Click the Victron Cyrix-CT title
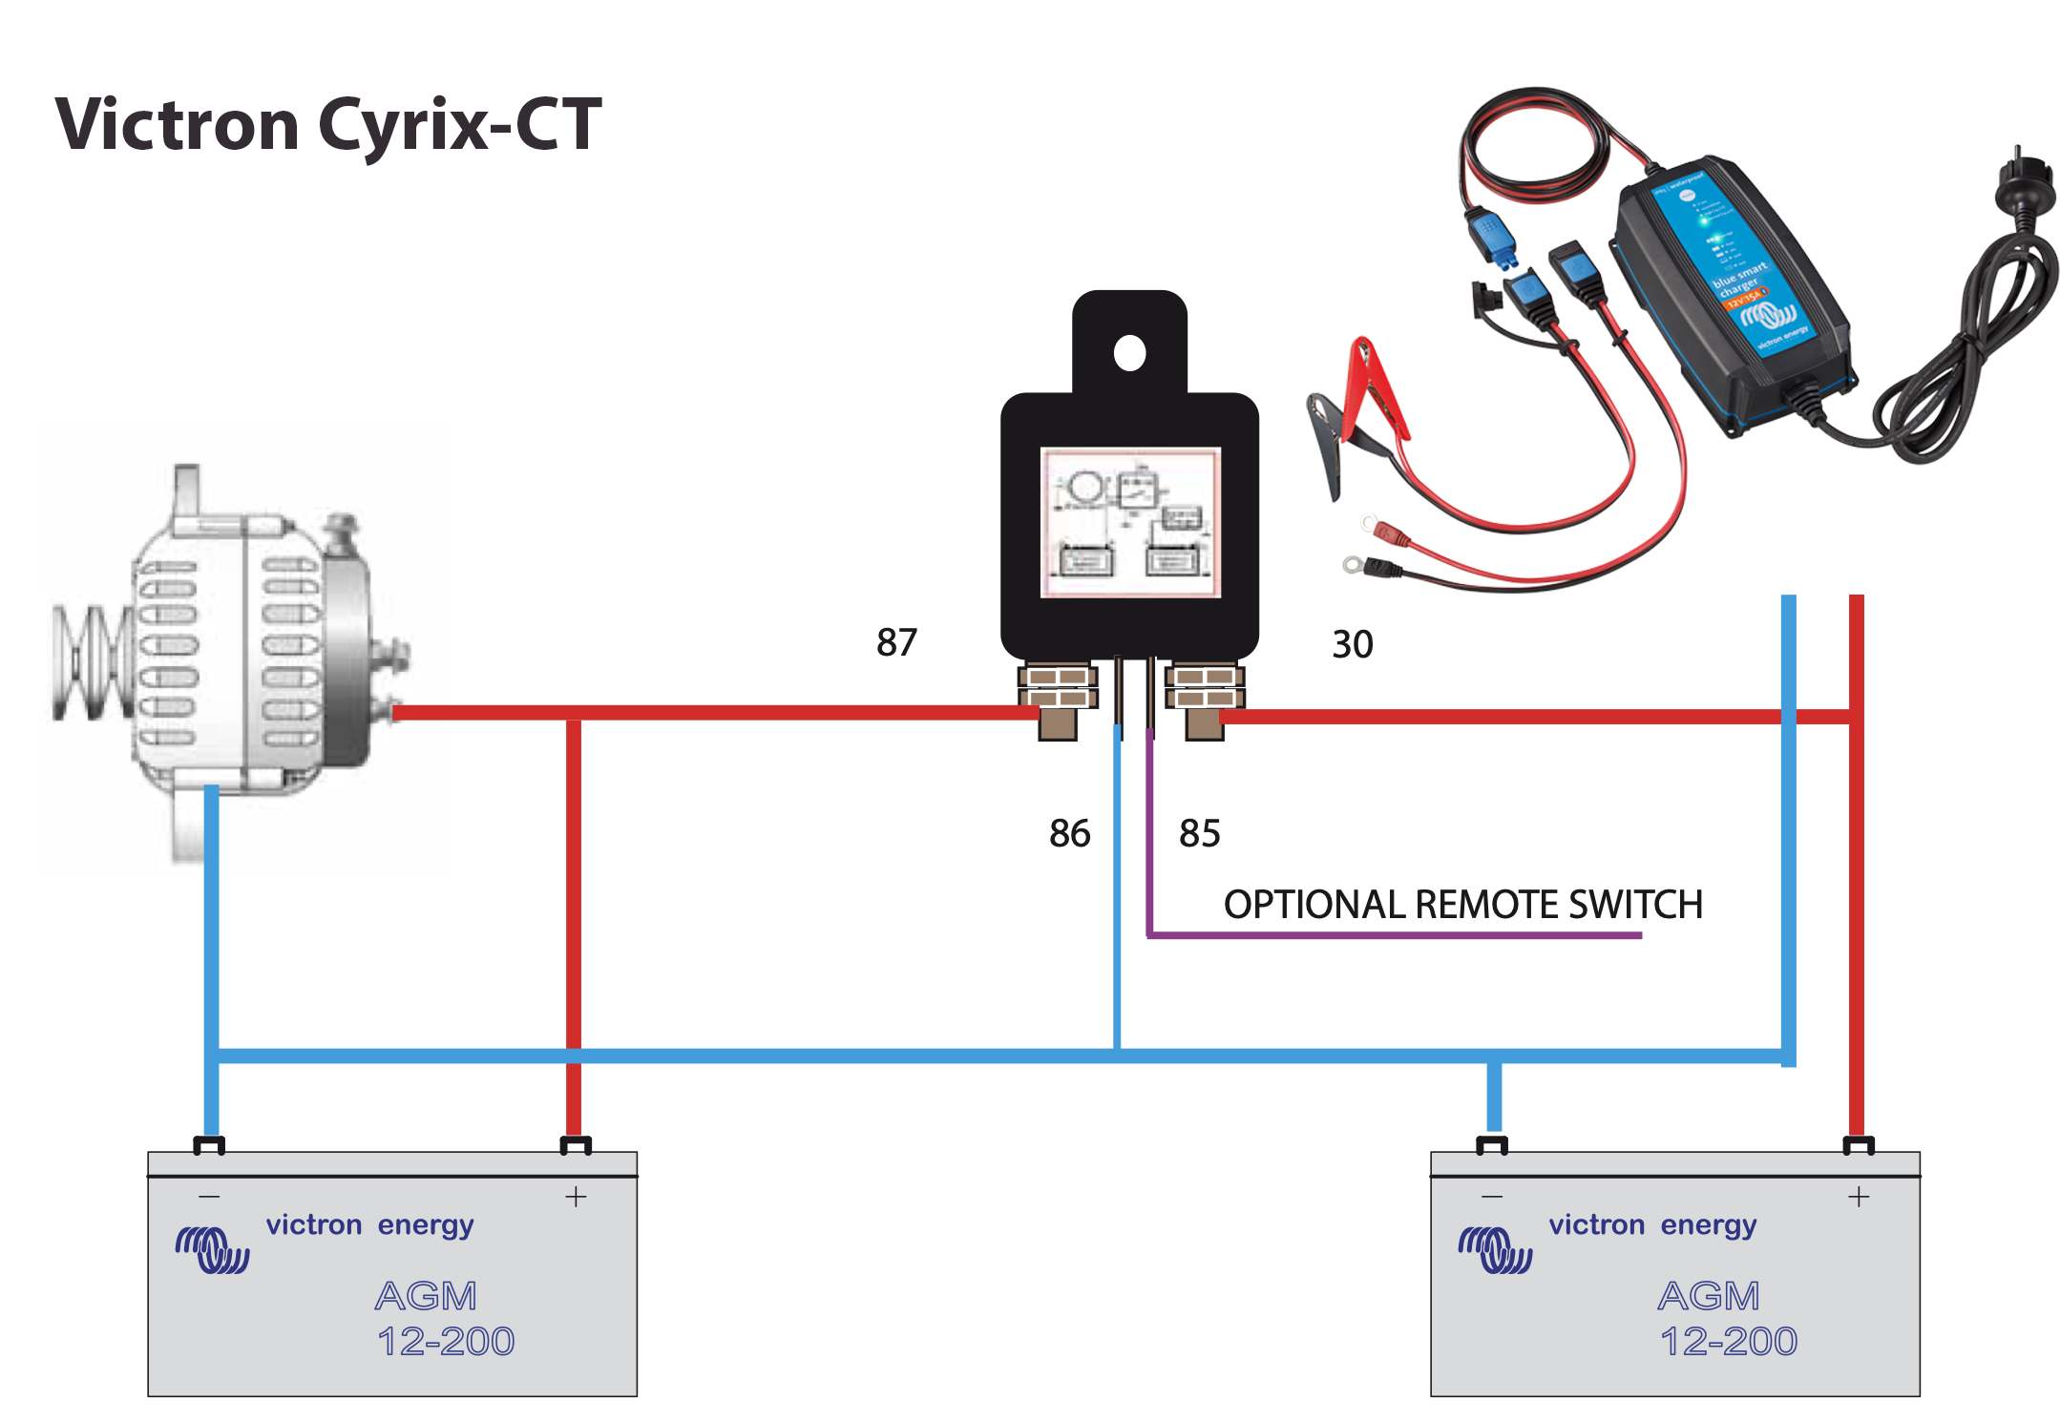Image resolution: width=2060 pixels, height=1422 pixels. click(x=328, y=125)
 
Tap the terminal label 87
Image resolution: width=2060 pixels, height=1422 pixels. click(x=896, y=642)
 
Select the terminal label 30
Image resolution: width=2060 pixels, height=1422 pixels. click(x=1352, y=644)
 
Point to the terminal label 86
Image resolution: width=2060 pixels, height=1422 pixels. click(x=1069, y=833)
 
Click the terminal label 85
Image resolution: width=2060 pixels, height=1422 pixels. click(x=1199, y=833)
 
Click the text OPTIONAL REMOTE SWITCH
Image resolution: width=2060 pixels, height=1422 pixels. click(x=1462, y=904)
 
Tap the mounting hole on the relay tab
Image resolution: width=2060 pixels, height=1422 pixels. click(x=1129, y=353)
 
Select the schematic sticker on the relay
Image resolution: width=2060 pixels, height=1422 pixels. click(x=1130, y=522)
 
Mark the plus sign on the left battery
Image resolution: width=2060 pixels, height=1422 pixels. click(x=576, y=1197)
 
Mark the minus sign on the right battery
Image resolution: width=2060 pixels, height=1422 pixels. click(x=1492, y=1197)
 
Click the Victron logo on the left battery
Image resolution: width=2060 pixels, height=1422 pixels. click(x=212, y=1249)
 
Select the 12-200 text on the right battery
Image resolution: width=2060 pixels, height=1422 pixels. click(x=1728, y=1341)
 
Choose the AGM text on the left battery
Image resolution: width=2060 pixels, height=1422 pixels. click(x=426, y=1296)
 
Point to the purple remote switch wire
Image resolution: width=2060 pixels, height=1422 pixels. click(x=1394, y=934)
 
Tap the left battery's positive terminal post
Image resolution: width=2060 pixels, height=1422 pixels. click(x=575, y=1144)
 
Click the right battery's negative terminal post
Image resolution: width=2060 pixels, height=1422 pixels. click(x=1492, y=1144)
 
